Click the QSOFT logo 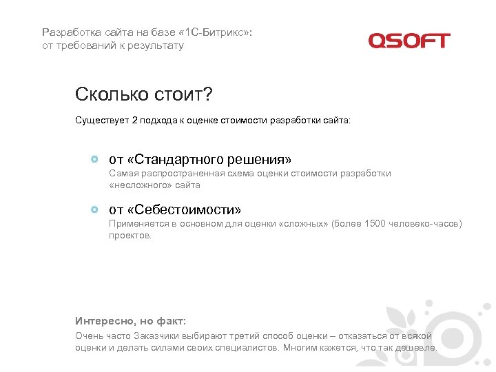tap(409, 41)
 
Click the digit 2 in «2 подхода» tap(134, 121)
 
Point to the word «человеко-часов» tap(426, 224)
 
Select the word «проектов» tap(129, 235)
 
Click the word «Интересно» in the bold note tap(103, 321)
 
